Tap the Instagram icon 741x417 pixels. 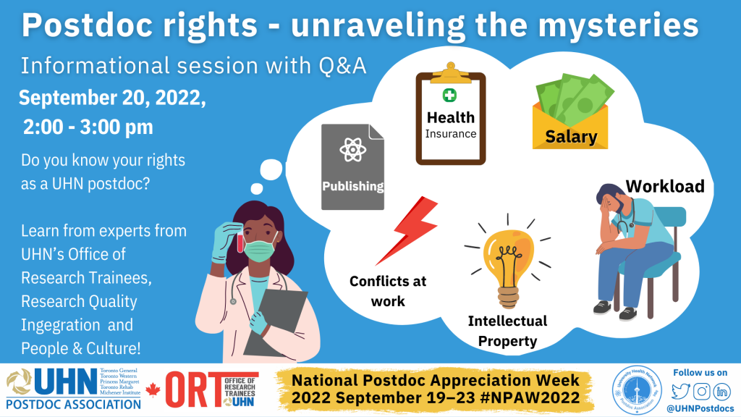(700, 391)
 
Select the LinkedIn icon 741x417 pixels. (721, 391)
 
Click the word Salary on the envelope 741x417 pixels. (571, 136)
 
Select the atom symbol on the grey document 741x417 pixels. (352, 151)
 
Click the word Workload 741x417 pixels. (664, 186)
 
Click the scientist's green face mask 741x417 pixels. (261, 250)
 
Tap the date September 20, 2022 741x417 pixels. (113, 98)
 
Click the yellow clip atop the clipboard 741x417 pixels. (450, 72)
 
